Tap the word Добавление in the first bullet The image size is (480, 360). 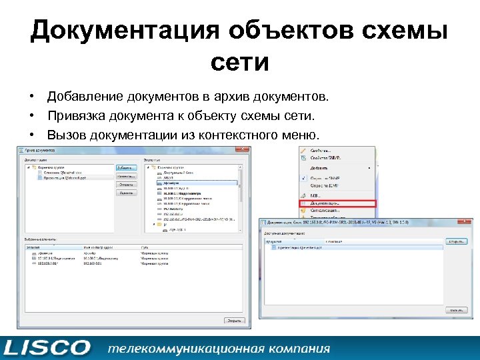[x=83, y=98]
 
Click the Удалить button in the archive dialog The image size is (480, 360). [x=126, y=192]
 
